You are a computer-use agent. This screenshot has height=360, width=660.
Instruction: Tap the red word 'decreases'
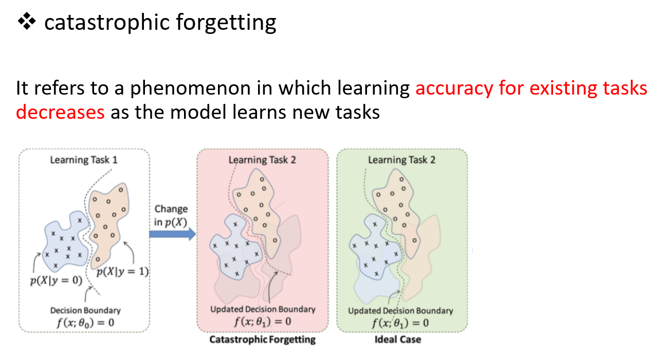coord(60,111)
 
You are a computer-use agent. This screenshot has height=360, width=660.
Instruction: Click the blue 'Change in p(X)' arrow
coord(172,235)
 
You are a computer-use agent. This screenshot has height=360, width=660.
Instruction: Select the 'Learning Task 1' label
coord(84,160)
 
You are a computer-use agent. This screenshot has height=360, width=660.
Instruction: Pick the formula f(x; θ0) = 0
coord(85,323)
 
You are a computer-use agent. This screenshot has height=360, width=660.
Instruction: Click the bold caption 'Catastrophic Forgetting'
coord(262,340)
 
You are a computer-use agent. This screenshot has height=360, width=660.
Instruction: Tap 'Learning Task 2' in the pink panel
coord(262,160)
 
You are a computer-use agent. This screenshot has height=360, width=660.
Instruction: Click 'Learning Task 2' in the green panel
coord(401,160)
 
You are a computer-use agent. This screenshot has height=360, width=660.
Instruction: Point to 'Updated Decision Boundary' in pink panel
coord(263,310)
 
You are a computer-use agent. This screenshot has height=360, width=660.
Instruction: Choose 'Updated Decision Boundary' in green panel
coord(400,311)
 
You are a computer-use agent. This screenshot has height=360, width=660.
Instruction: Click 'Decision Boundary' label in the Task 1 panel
coord(85,311)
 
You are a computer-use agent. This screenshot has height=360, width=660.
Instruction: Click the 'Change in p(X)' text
coord(171,215)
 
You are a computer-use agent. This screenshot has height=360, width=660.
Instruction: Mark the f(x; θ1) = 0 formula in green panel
coord(400,323)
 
